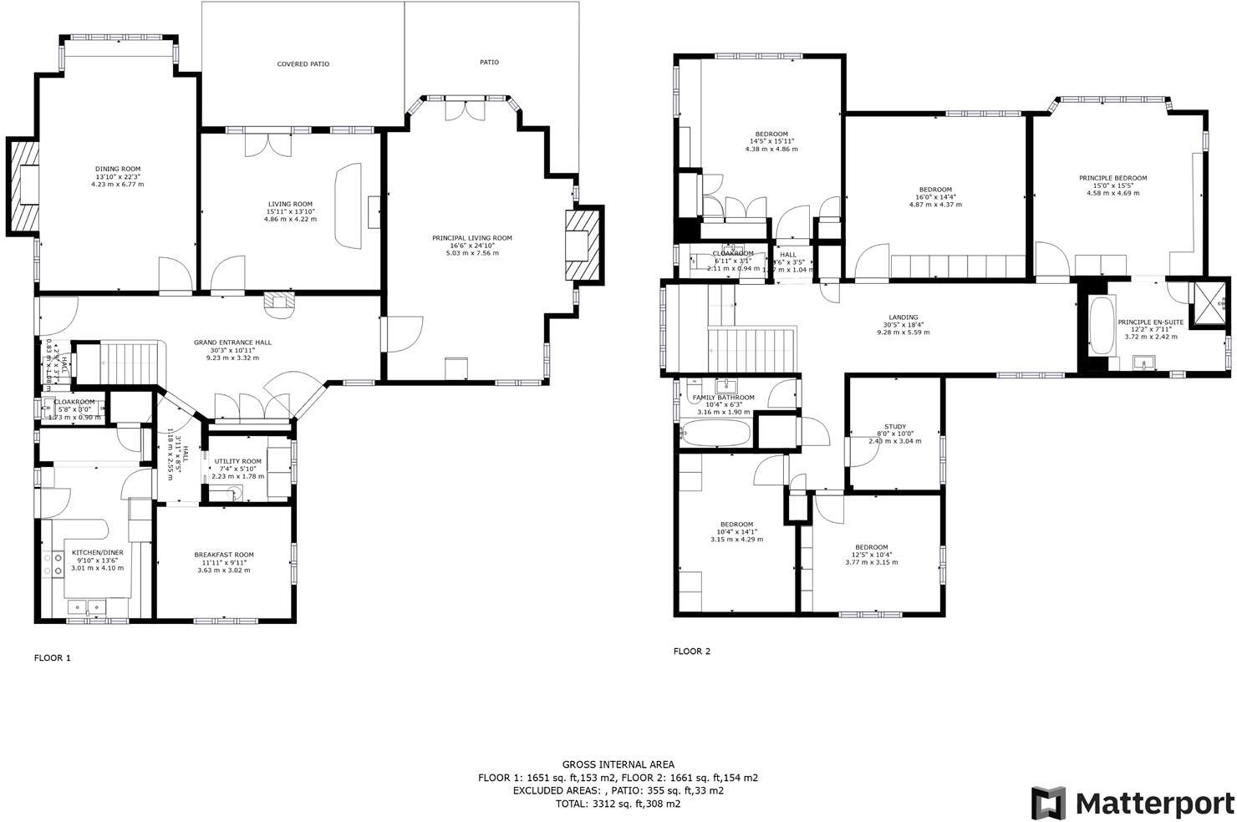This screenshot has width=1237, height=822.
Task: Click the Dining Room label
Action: coord(117,169)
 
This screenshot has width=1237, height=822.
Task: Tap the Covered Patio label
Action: coord(303,63)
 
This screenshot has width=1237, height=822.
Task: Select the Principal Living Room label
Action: coord(471,238)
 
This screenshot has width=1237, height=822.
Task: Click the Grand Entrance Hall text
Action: coord(232,342)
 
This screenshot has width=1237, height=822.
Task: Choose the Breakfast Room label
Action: coord(224,555)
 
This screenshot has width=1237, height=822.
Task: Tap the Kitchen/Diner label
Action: coord(97,553)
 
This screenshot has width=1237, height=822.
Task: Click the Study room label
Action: coord(895,427)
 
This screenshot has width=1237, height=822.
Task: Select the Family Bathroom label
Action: coord(723,398)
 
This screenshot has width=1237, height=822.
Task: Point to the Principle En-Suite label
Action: coord(1150,322)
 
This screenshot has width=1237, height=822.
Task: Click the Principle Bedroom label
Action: coord(1112,178)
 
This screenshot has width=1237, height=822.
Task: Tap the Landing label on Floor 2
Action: coord(903,317)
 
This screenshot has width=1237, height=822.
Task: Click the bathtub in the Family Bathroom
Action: coord(715,434)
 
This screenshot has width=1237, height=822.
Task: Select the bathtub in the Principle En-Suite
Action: coord(1100,326)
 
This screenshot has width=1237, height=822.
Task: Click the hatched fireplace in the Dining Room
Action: coord(23,185)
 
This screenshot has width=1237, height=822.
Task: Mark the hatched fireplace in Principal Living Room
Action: coord(583,246)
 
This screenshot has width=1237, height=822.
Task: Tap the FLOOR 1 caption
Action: coord(53,657)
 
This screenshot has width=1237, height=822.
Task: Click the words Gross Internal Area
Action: coord(618,764)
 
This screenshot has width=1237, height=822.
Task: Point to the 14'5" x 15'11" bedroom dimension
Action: coord(771,141)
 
